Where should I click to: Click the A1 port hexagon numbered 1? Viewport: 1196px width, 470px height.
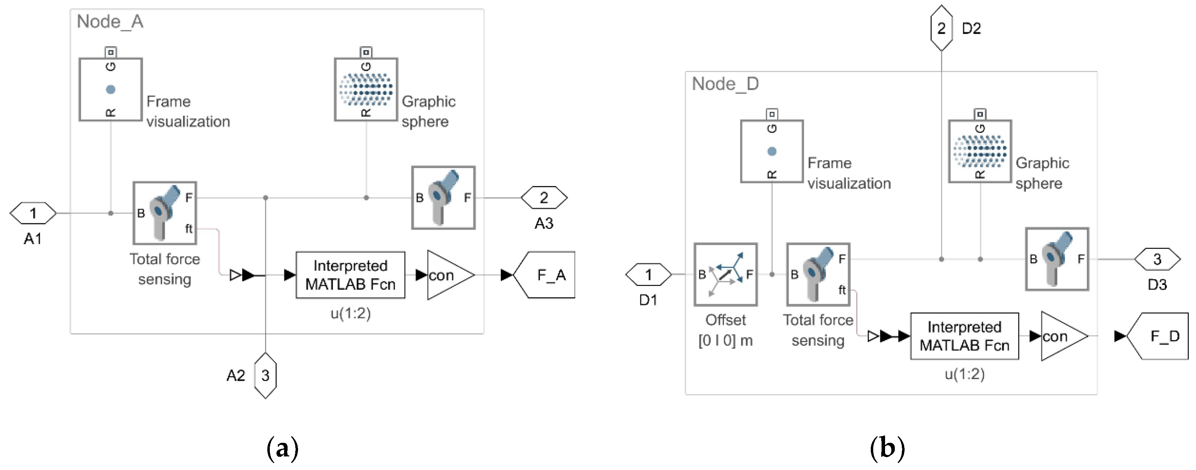pyautogui.click(x=33, y=214)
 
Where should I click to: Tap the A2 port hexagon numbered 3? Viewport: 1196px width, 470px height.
pyautogui.click(x=265, y=375)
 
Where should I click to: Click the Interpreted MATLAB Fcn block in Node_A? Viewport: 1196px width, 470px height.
pyautogui.click(x=350, y=275)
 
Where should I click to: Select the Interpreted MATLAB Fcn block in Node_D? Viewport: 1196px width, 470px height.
pyautogui.click(x=964, y=336)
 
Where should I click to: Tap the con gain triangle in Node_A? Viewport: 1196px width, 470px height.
pyautogui.click(x=447, y=275)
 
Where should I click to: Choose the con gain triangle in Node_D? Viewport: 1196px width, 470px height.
pyautogui.click(x=1060, y=336)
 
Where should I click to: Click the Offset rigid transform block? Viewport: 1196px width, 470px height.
pyautogui.click(x=725, y=274)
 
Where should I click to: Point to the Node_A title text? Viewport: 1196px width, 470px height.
pyautogui.click(x=110, y=21)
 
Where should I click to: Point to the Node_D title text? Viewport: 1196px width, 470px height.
pyautogui.click(x=725, y=84)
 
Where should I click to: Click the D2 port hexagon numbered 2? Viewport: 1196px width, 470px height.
pyautogui.click(x=941, y=28)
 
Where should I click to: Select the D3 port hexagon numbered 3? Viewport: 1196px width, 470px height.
pyautogui.click(x=1157, y=259)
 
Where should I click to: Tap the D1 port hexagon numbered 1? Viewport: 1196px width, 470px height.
pyautogui.click(x=648, y=275)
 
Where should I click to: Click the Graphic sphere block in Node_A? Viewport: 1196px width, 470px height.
pyautogui.click(x=366, y=90)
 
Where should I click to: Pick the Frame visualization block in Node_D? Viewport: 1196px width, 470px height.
pyautogui.click(x=772, y=151)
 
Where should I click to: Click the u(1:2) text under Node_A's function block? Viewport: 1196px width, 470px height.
pyautogui.click(x=350, y=314)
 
